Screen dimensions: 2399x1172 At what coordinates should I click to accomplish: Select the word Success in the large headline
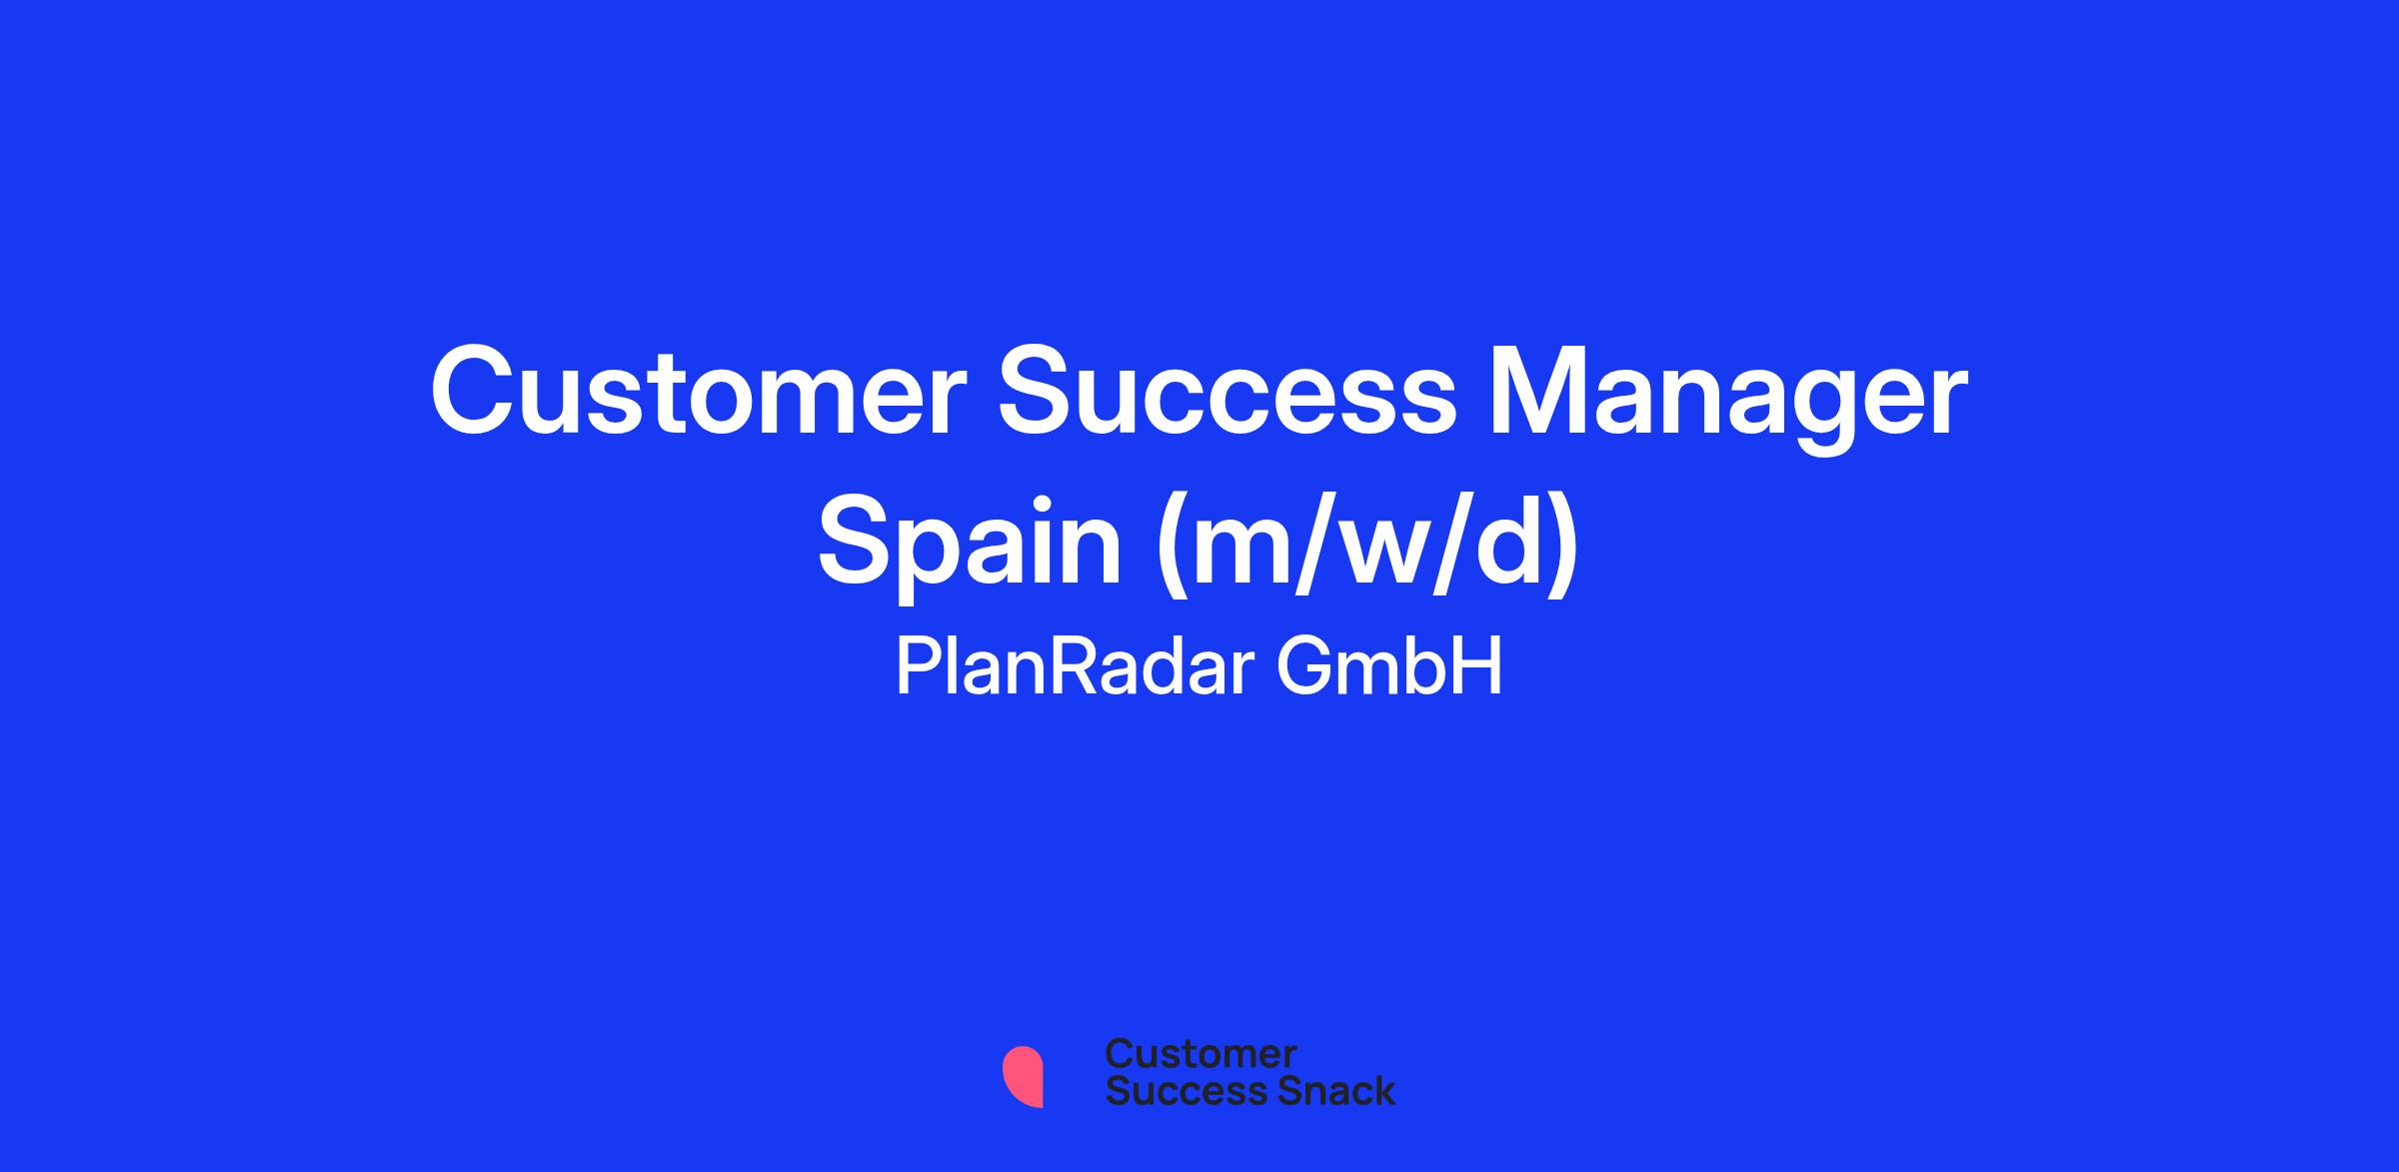(x=1228, y=392)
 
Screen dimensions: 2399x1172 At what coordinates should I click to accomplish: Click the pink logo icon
(x=1023, y=1076)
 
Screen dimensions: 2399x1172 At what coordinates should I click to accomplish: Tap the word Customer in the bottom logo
(x=1200, y=1053)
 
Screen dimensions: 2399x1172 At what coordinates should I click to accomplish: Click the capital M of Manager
(x=1540, y=392)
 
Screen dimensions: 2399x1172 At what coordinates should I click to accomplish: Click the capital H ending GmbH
(x=1479, y=667)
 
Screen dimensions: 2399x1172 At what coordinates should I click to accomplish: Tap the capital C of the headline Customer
(x=476, y=392)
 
